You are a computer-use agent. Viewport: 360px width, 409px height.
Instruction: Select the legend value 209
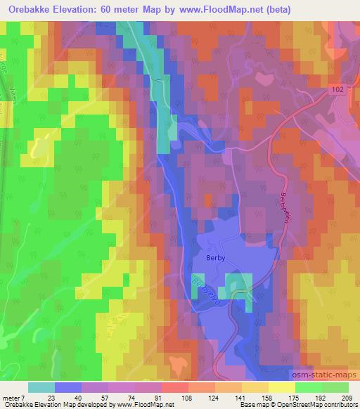click(x=348, y=398)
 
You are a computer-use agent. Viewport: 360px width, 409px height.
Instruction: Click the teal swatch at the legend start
click(x=41, y=387)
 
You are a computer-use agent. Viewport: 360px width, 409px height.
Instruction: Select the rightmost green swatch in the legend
click(x=336, y=387)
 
